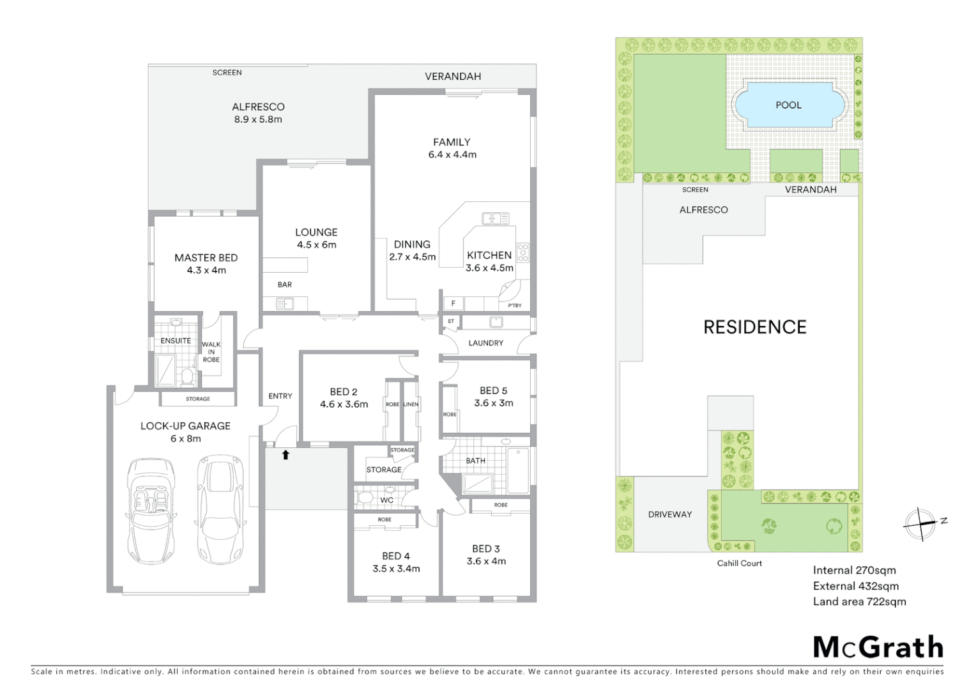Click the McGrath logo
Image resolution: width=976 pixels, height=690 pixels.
878,647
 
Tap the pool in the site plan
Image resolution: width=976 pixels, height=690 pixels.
788,105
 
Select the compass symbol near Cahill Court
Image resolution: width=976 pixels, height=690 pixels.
921,524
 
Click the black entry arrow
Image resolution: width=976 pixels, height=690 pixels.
286,455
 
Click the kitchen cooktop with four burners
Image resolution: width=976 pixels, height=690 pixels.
522,252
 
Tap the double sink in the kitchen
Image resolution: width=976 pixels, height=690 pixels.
496,218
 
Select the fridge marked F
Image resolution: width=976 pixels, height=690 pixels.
454,303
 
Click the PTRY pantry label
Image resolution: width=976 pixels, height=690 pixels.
514,305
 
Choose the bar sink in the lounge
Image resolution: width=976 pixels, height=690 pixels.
285,304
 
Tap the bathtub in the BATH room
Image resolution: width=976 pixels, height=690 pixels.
518,470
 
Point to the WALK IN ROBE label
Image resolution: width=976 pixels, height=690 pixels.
211,352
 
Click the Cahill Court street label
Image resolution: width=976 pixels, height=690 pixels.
739,563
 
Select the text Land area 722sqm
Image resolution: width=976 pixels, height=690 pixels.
859,601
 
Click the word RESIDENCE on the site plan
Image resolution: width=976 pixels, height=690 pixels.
754,327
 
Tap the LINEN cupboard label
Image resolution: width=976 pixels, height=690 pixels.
411,404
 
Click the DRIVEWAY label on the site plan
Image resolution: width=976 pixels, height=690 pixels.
669,514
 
